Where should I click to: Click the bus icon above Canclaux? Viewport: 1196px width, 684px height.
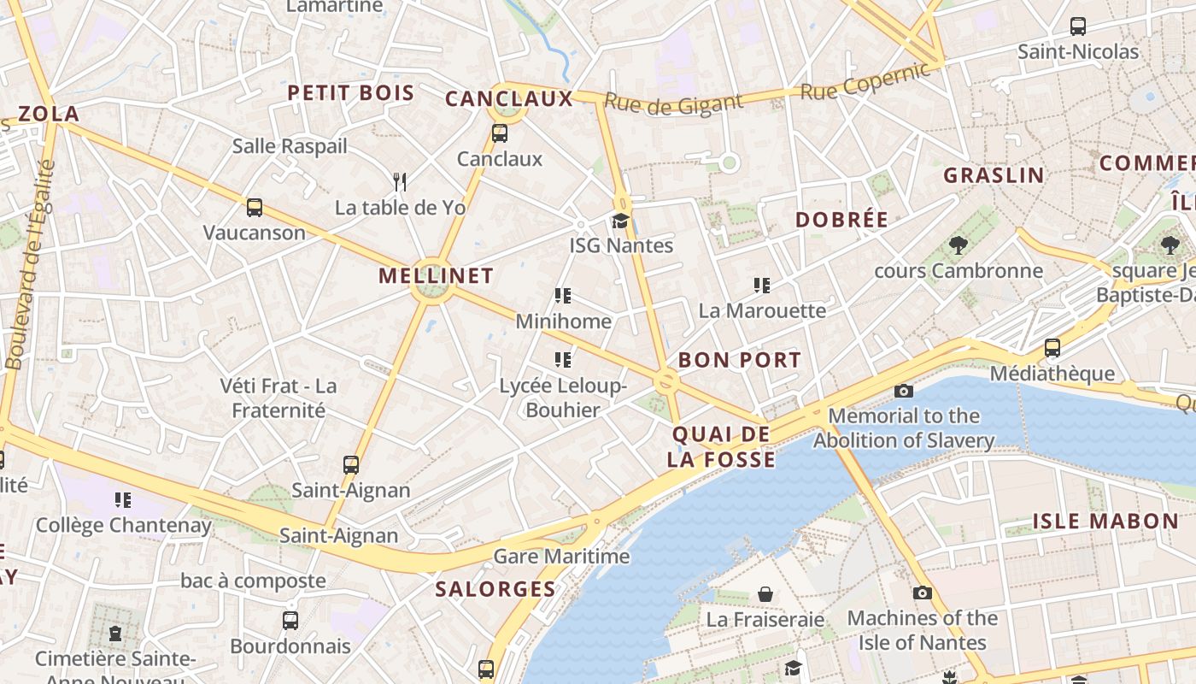[500, 133]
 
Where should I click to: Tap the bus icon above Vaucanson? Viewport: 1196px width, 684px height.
[255, 207]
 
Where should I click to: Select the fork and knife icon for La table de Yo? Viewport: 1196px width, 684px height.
[400, 181]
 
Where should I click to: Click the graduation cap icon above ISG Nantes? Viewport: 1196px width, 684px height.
[620, 221]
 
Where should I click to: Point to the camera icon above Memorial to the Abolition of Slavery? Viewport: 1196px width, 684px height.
[903, 392]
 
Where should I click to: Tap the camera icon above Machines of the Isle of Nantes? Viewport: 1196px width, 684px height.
[922, 593]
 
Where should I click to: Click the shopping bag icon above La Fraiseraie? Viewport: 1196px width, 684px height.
[765, 594]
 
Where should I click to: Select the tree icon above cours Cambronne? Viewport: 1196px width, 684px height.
[958, 246]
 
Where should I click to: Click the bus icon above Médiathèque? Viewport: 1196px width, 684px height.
[1052, 348]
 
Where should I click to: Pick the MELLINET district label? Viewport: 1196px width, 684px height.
[436, 275]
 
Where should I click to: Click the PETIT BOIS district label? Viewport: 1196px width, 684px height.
[350, 93]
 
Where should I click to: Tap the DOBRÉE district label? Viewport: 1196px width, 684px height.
[841, 219]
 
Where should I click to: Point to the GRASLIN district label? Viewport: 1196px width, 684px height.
[994, 175]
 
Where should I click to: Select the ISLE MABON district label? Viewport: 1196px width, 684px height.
[1105, 521]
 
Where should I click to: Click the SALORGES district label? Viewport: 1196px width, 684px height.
[495, 588]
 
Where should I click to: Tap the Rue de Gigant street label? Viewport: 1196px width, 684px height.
[674, 103]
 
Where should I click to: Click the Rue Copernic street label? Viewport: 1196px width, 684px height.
[865, 81]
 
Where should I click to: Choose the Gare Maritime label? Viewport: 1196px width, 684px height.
[561, 557]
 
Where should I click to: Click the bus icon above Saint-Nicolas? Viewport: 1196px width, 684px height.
[1078, 27]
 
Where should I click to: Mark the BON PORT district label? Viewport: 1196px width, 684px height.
[740, 360]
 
